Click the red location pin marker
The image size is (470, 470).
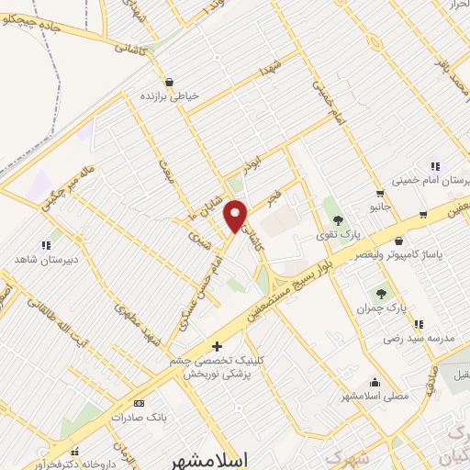237,216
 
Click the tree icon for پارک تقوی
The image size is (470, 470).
338,219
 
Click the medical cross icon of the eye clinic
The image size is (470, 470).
217,347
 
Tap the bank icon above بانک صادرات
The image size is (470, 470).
139,402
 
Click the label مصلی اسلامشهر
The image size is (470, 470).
374,397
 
